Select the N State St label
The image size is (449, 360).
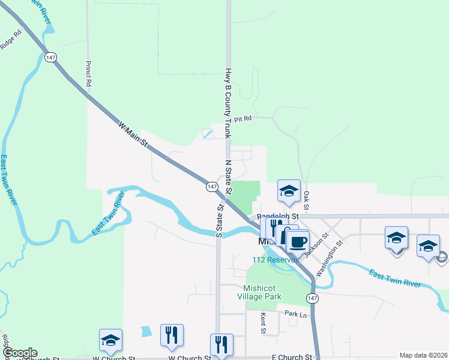[228, 177]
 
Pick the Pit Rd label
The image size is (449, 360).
[242, 119]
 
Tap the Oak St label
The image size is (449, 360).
[306, 200]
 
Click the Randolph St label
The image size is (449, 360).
[278, 216]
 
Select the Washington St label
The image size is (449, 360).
[329, 257]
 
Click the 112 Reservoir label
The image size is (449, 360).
[276, 260]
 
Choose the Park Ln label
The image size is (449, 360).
[295, 314]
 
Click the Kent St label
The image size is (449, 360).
[263, 323]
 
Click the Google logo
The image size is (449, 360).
[19, 353]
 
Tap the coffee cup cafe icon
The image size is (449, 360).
[297, 242]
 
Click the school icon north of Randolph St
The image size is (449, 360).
[289, 191]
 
